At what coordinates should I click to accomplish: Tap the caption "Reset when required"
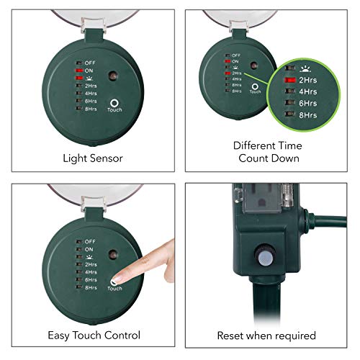(266, 335)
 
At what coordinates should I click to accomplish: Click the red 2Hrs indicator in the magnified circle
(292, 81)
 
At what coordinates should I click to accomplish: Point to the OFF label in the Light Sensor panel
(89, 62)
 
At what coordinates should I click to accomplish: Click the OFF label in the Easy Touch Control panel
(89, 241)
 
